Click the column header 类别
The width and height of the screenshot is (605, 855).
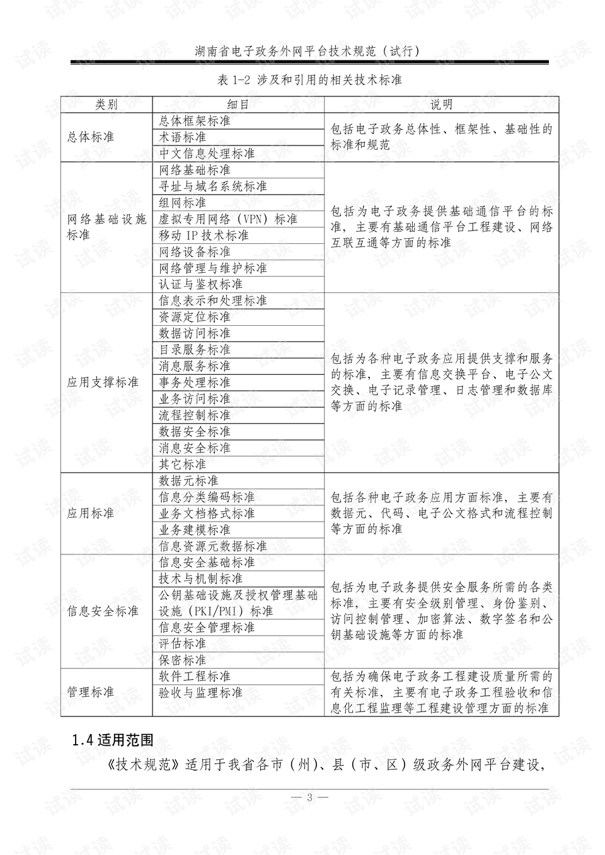click(x=106, y=105)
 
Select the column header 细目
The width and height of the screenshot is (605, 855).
click(x=238, y=105)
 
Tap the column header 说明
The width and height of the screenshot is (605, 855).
click(x=441, y=105)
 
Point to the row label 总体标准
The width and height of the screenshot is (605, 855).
click(x=91, y=137)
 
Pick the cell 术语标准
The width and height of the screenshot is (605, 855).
click(x=183, y=137)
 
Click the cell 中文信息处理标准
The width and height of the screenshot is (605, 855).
click(x=207, y=153)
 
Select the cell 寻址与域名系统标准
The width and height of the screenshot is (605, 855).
click(x=213, y=186)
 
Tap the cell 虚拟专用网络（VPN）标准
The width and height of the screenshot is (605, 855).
click(x=228, y=219)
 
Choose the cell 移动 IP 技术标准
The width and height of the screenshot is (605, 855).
click(x=204, y=235)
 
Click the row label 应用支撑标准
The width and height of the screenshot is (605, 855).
click(x=103, y=382)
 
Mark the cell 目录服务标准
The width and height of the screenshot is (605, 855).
click(x=195, y=350)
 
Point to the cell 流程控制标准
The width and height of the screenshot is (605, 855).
click(x=195, y=415)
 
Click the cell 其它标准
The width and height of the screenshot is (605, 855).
click(x=183, y=464)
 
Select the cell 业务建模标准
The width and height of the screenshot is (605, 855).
click(x=195, y=530)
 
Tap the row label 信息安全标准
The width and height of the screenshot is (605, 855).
click(x=103, y=611)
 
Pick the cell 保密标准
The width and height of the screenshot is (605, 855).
click(x=183, y=660)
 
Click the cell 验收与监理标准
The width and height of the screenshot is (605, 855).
click(x=200, y=692)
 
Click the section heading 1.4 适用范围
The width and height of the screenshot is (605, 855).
click(x=113, y=740)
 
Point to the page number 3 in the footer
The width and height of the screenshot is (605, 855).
click(x=309, y=797)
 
